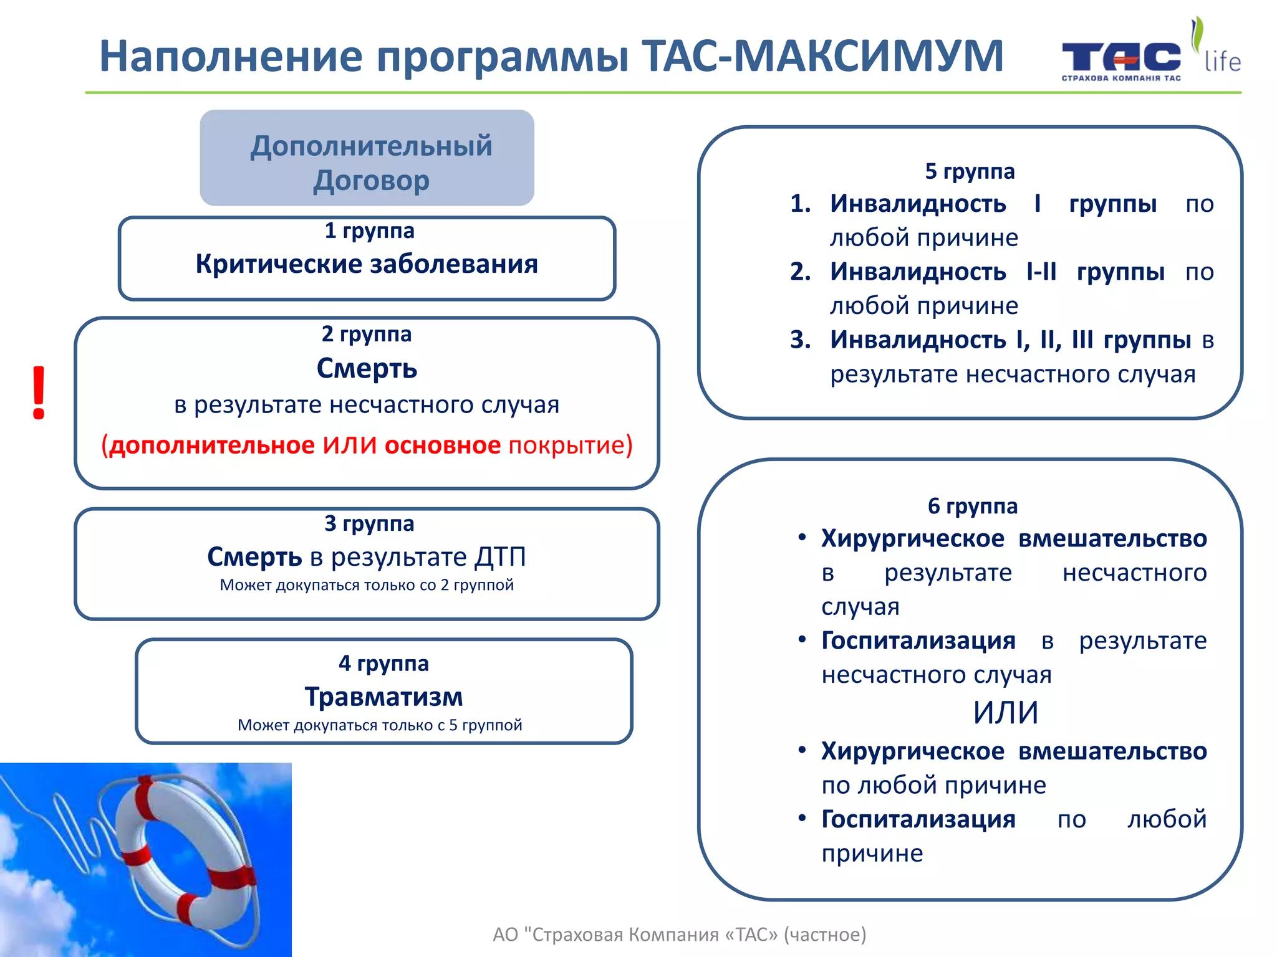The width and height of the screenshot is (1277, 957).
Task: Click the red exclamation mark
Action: pos(39,393)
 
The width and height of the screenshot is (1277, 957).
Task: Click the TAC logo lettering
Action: pos(1120,57)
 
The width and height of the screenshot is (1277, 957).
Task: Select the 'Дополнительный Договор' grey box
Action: pos(367,158)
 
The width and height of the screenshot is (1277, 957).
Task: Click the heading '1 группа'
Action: pos(369,231)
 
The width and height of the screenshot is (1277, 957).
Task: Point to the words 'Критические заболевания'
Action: pos(367,264)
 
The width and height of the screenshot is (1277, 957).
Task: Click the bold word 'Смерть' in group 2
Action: pos(367,368)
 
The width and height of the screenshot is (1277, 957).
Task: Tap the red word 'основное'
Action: pos(442,445)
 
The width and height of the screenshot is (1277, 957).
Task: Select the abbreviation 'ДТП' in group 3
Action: pos(500,557)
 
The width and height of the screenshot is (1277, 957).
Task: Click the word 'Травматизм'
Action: pos(383,697)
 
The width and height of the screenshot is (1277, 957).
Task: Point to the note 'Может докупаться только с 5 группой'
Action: pos(380,725)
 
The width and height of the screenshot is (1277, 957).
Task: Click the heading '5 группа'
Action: pos(970,171)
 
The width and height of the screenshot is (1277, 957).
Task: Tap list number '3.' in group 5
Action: pos(800,340)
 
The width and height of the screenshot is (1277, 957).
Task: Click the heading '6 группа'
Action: pos(972,506)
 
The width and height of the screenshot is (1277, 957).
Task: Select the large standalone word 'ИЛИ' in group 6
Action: pos(1005,713)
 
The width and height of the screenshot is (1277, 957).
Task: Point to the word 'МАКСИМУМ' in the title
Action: pos(868,56)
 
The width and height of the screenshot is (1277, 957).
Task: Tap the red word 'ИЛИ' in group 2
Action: pos(349,445)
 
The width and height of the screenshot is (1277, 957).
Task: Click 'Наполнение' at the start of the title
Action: pos(231,56)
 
